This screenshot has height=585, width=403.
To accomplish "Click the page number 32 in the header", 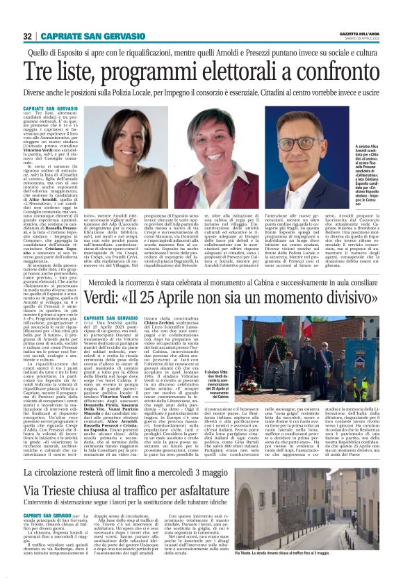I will tap(27, 37).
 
